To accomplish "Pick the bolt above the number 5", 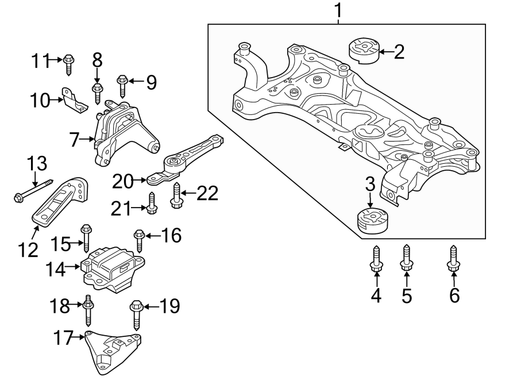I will pyautogui.click(x=406, y=259).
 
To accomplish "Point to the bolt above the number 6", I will pyautogui.click(x=454, y=259).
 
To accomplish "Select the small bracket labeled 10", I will pyautogui.click(x=74, y=99).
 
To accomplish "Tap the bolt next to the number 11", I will pyautogui.click(x=69, y=63).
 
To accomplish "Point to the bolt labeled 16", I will pyautogui.click(x=138, y=240).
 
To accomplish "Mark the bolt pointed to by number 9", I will pyautogui.click(x=122, y=85).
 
